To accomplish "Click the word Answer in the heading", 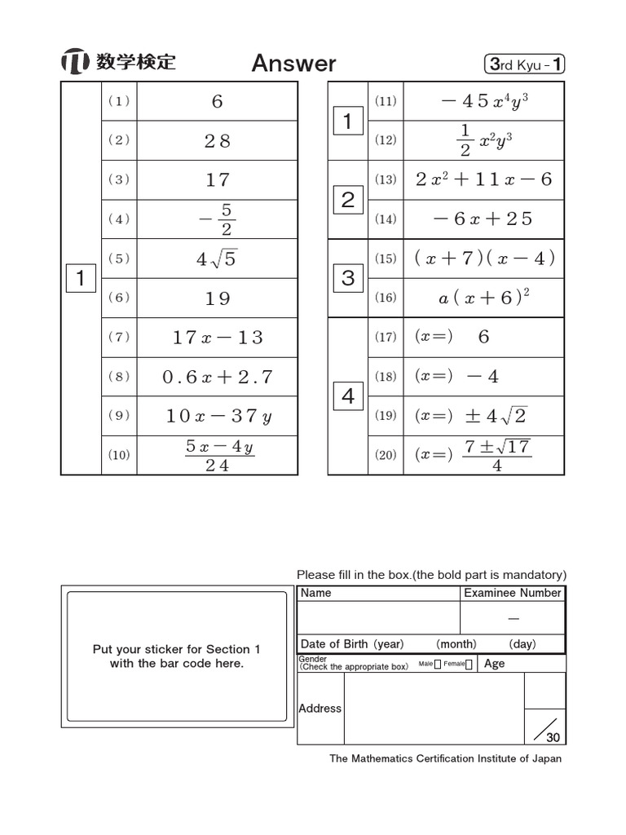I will [x=293, y=64].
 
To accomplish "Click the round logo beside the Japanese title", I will [x=74, y=63].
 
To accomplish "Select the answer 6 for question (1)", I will [x=217, y=102].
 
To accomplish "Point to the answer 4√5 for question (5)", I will [x=217, y=259].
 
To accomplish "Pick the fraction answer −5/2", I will [x=217, y=219].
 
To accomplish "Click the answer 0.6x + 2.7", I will [x=217, y=377].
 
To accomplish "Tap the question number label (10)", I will [x=119, y=455].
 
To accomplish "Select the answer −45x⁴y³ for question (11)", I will [x=483, y=102].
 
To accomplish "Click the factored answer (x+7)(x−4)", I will [x=483, y=258].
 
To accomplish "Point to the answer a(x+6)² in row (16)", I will [x=483, y=298].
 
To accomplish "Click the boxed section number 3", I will [x=348, y=278].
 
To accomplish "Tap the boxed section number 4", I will [x=348, y=397].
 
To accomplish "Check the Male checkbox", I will [x=438, y=665].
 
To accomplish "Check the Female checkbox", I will [x=469, y=665].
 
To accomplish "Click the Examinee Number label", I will [x=512, y=593].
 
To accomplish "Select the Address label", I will [x=320, y=709].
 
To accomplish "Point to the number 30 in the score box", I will [x=553, y=737].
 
